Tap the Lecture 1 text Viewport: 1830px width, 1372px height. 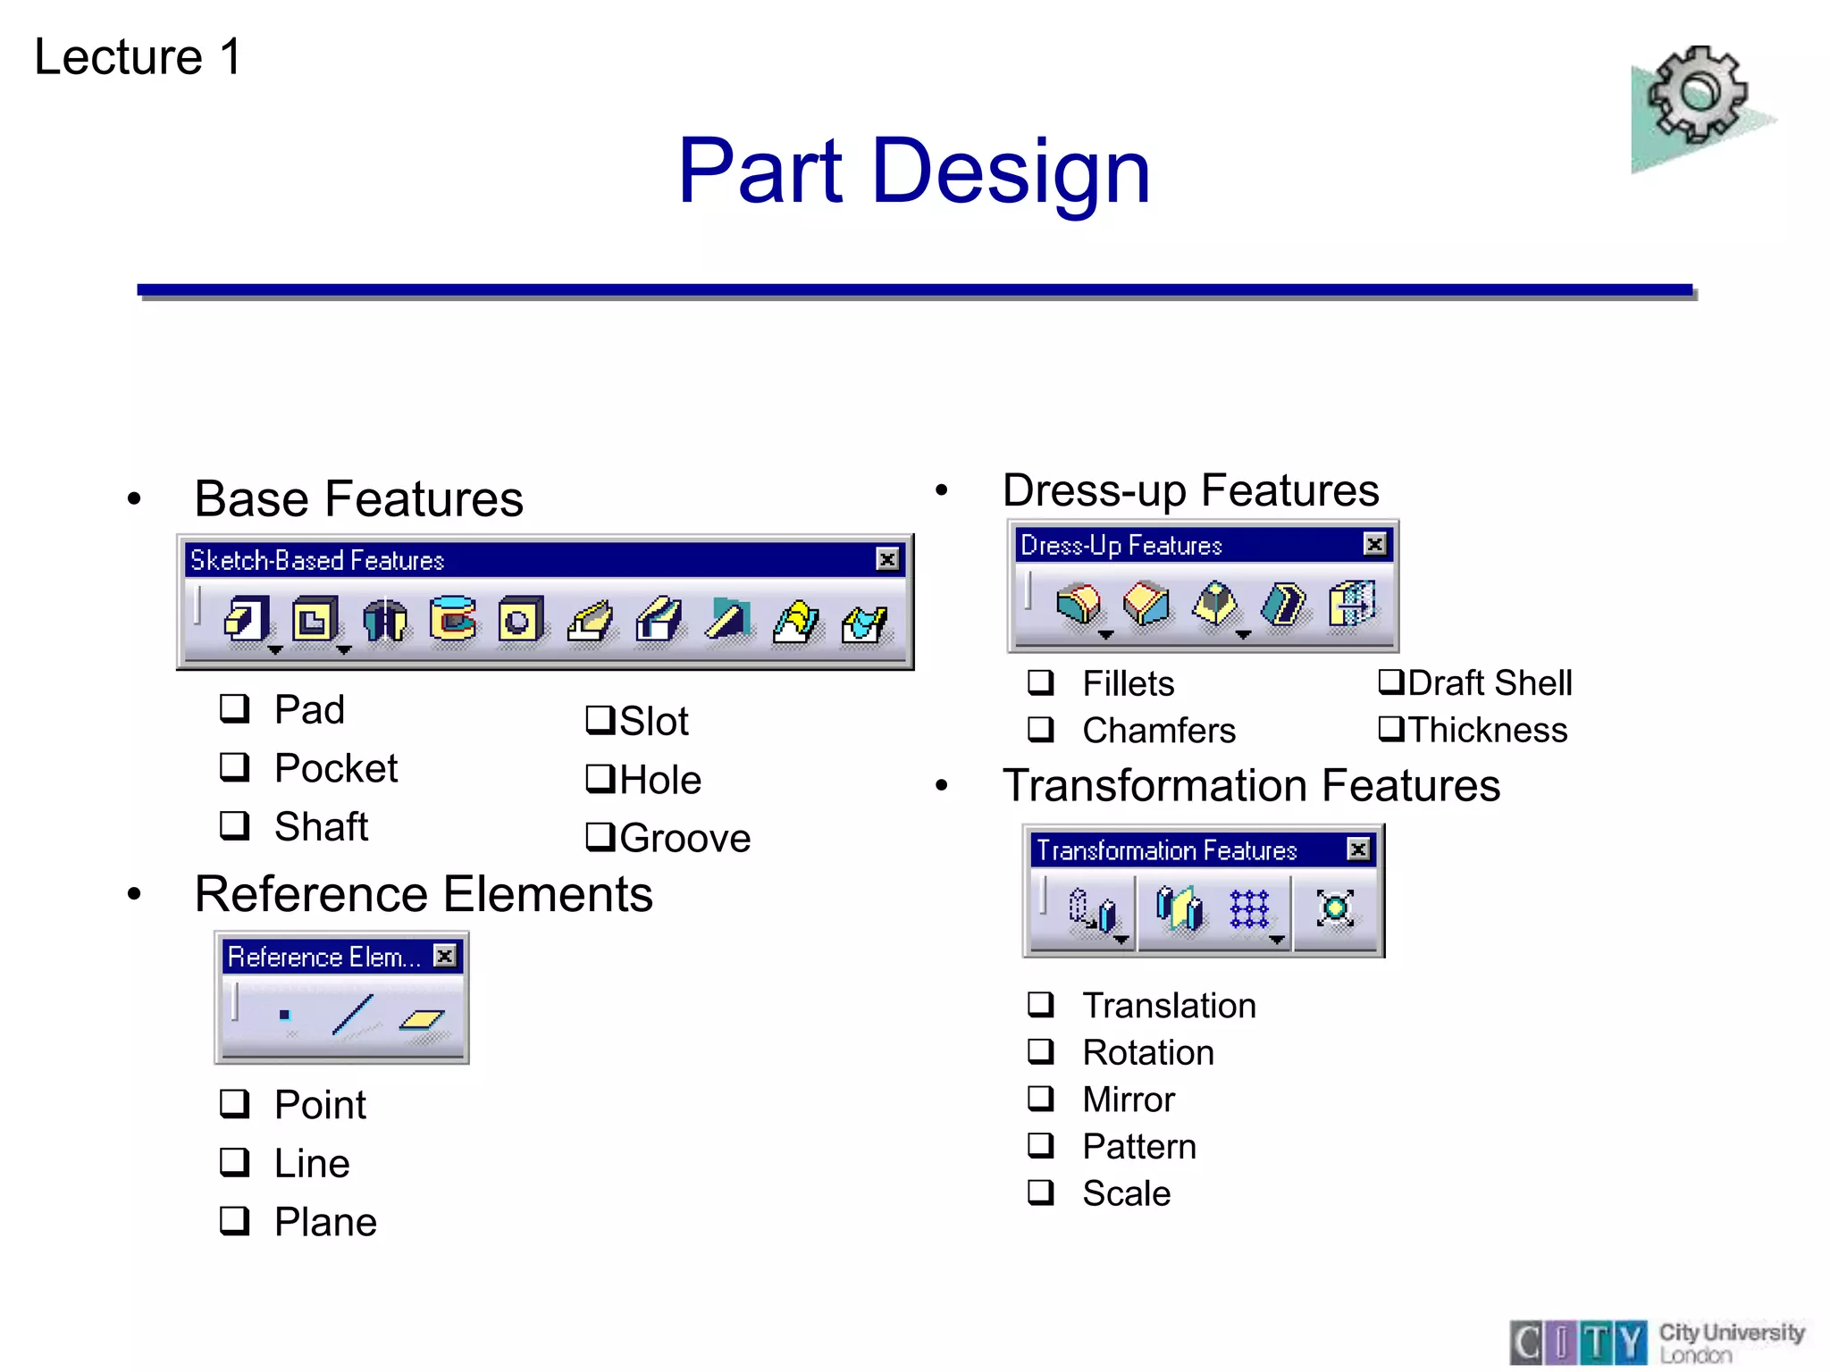[138, 57]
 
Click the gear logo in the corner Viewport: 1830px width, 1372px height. [1698, 98]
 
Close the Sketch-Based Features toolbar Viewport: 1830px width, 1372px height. [886, 559]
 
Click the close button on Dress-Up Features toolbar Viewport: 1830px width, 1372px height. [1375, 544]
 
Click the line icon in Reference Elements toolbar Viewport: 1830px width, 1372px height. [353, 1015]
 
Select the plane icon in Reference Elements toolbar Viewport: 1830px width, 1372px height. [422, 1019]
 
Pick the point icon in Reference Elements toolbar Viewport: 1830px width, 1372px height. [284, 1015]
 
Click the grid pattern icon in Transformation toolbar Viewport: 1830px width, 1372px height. [1248, 909]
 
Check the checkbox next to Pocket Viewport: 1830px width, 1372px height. [234, 766]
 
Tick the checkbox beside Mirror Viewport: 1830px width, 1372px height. [1041, 1098]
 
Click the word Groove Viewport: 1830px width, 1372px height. [684, 839]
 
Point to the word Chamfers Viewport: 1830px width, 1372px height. [1159, 731]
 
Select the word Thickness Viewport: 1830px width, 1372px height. [1488, 730]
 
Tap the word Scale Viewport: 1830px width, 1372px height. [1126, 1193]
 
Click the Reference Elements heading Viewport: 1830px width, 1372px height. [424, 894]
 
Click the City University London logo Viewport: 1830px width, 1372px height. [1658, 1342]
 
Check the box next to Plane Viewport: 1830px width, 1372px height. [234, 1220]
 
